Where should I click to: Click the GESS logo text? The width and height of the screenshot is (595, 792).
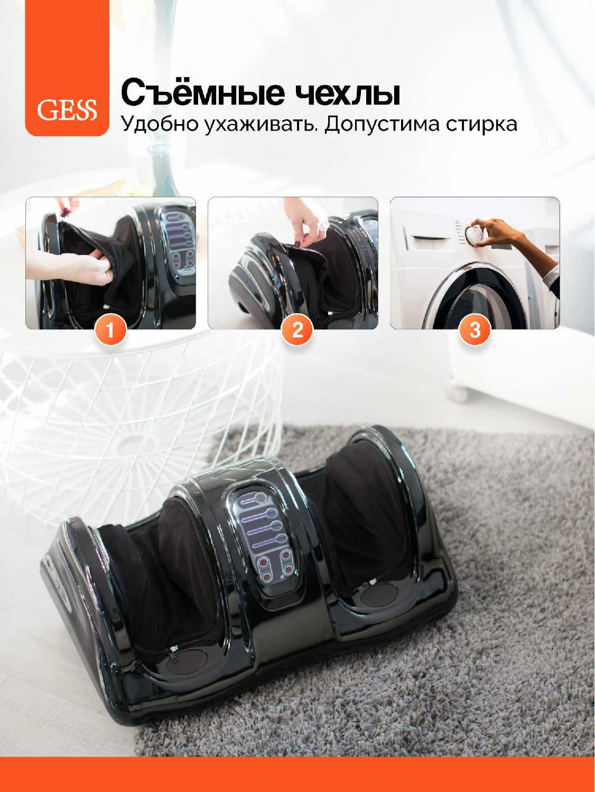(x=67, y=110)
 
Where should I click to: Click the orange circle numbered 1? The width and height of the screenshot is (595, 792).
(x=110, y=330)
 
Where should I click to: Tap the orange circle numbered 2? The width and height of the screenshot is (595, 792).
(x=297, y=330)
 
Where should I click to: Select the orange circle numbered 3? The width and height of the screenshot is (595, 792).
(x=475, y=330)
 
